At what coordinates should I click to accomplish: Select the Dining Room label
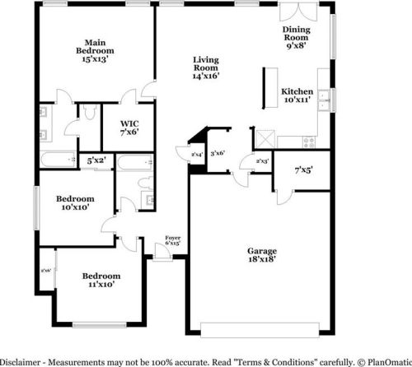(295, 33)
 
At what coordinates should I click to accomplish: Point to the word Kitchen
(297, 91)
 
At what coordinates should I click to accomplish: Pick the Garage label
(262, 251)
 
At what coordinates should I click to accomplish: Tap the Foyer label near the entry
(172, 238)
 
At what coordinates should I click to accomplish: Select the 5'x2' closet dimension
(96, 160)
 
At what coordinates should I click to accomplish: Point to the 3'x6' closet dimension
(218, 153)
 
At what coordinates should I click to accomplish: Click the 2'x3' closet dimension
(262, 161)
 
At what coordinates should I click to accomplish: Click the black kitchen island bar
(266, 88)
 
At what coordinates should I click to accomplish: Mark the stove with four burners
(309, 140)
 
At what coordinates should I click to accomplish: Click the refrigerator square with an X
(266, 137)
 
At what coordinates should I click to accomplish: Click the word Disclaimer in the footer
(22, 361)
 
